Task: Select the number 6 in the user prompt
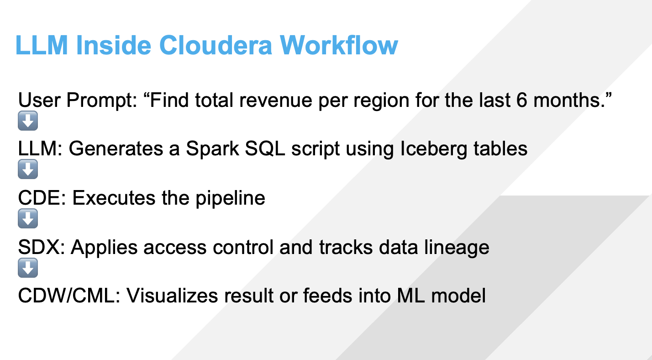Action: coord(519,100)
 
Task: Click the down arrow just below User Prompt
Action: coord(27,121)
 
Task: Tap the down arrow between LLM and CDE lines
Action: coord(27,170)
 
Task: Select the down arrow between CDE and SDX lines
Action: coord(27,220)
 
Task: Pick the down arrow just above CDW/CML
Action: coord(27,269)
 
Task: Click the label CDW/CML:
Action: coord(68,296)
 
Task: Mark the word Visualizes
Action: coord(172,296)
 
